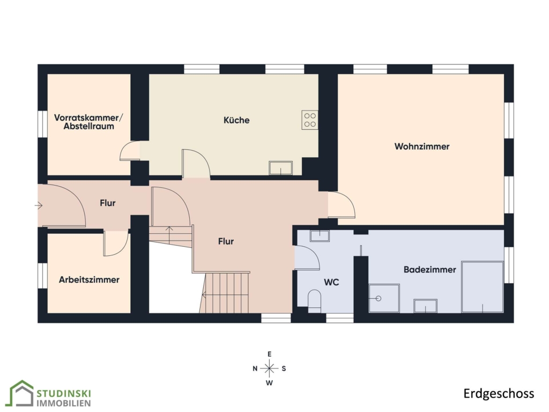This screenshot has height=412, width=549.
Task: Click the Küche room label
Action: [236, 120]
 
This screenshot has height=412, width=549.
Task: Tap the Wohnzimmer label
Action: [421, 146]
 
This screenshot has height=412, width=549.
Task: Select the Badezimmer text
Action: [429, 269]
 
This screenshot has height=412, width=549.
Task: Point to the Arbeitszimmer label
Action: [89, 279]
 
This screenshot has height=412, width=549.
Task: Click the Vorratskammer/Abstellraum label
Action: [88, 122]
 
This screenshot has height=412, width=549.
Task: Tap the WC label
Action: [331, 282]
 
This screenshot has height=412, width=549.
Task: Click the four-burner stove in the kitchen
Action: [310, 120]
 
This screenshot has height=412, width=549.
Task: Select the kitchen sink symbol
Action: [280, 168]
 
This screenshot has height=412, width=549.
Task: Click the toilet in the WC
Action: [314, 300]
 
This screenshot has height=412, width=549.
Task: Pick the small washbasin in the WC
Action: [320, 236]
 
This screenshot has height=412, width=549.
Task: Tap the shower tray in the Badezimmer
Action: [384, 298]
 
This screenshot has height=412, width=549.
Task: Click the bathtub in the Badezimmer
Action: [482, 286]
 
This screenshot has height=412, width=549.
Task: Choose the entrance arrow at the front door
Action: [39, 205]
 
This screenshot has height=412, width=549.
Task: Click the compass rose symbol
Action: [269, 368]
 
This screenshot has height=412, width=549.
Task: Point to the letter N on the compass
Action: [255, 369]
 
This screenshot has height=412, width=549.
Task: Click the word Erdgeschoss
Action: [499, 393]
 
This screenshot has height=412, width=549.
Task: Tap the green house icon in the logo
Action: [21, 393]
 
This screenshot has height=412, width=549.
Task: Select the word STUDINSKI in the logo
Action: [64, 393]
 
